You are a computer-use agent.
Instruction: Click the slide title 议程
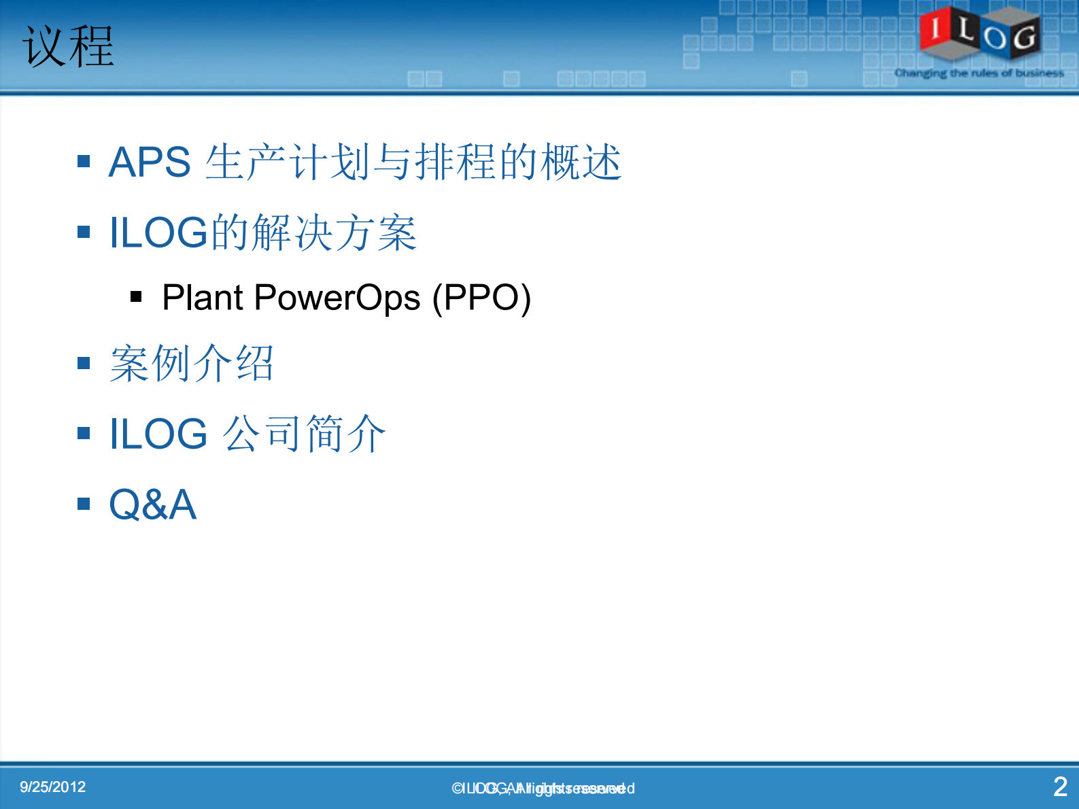pos(68,46)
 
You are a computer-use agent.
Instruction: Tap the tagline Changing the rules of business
pos(979,73)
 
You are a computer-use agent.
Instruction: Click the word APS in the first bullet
pos(150,162)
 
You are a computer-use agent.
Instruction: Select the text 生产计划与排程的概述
pos(413,162)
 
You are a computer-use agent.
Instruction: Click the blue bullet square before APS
pos(84,162)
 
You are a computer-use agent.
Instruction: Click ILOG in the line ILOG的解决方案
pos(158,233)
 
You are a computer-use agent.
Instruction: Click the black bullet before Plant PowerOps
pos(136,296)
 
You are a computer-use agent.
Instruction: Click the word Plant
pos(203,298)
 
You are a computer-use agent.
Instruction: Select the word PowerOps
pos(337,298)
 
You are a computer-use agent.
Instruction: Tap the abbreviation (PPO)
pos(481,298)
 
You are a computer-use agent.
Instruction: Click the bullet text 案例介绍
pos(192,364)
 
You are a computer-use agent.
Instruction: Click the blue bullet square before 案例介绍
pos(84,363)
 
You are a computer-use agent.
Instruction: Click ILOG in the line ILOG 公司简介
pos(158,434)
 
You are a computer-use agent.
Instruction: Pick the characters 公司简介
pos(304,434)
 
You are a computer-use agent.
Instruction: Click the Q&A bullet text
pos(153,504)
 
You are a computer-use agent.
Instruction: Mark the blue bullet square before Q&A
pos(84,504)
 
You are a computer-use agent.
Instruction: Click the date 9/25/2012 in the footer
pos(53,787)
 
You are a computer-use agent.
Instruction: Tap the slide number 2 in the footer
pos(1060,787)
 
